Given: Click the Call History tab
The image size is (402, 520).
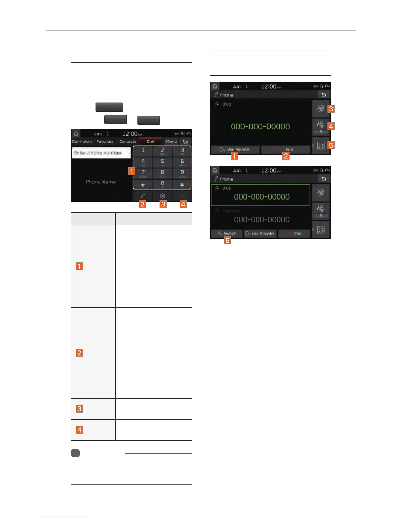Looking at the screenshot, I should tap(82, 141).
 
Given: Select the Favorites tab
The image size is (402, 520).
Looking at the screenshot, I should tap(105, 141).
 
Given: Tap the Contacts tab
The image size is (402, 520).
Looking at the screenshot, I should tap(127, 141).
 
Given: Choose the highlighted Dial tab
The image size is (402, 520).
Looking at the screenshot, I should tap(150, 141).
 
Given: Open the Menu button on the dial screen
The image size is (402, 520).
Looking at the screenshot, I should tap(171, 141).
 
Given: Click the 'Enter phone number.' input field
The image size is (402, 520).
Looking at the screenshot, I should tap(101, 153).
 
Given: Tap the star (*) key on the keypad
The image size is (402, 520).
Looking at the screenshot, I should tap(143, 185).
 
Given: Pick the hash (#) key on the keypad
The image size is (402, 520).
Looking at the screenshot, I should tap(182, 185).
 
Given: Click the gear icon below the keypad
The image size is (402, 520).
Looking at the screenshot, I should tap(162, 196).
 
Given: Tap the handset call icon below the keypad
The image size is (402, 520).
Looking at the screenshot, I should tap(143, 196).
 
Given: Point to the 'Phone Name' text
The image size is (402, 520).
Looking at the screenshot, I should tap(100, 182).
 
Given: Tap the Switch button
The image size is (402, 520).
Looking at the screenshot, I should tap(227, 234).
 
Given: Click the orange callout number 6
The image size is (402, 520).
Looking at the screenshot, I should tap(227, 241).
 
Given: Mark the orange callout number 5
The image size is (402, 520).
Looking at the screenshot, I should tap(331, 145).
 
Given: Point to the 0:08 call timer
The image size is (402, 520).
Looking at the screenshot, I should tap(227, 104).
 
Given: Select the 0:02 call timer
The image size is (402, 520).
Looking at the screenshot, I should tap(227, 188).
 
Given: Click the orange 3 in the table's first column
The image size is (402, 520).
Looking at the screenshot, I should tap(79, 409).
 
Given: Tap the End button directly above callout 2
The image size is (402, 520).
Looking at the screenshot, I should tap(286, 150).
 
